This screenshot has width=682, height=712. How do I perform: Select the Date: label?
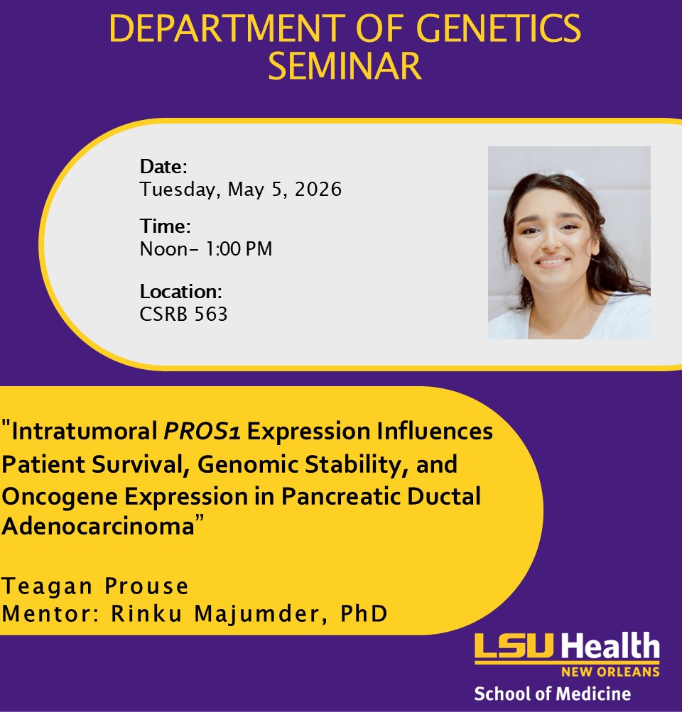163,168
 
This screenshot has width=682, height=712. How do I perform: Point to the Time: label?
165,227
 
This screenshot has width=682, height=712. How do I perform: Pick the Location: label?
181,292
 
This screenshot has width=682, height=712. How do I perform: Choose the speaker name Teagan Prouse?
95,587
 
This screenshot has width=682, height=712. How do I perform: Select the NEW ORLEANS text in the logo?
610,672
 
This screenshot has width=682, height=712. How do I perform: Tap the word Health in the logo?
610,647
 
